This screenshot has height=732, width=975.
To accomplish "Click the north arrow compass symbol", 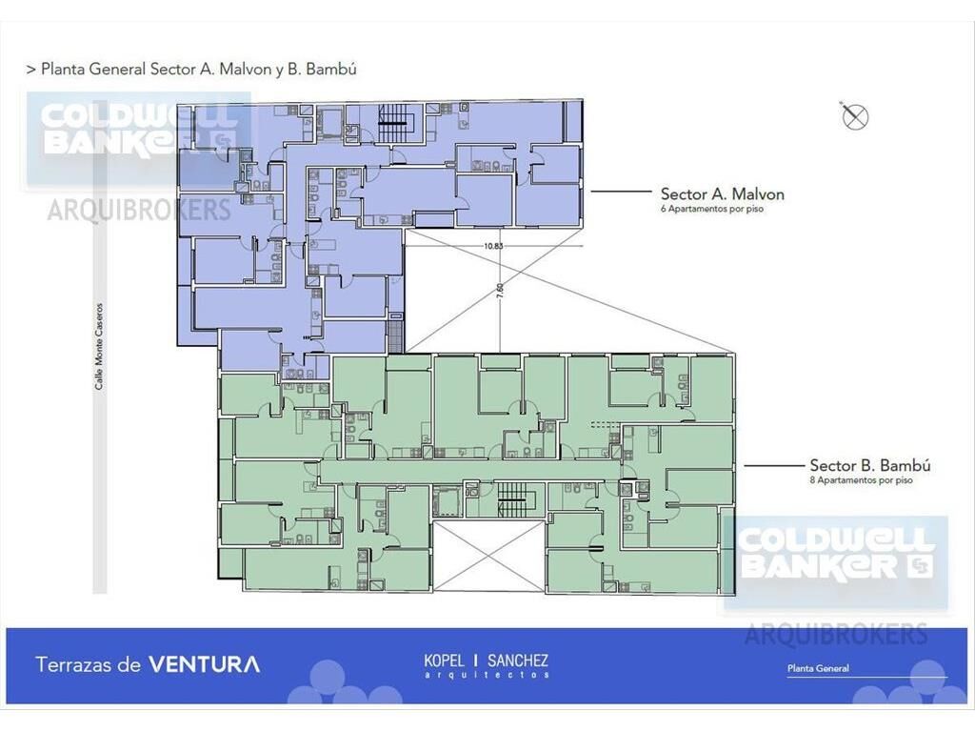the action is pos(854,116).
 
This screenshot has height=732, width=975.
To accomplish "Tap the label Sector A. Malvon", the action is pos(722,193).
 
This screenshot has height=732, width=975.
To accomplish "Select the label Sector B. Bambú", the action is pos(870,465).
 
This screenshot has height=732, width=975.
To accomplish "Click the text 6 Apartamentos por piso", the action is pos(712,209).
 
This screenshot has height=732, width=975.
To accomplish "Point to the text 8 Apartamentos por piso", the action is pos(861,480).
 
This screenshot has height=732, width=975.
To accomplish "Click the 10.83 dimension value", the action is pos(493,246).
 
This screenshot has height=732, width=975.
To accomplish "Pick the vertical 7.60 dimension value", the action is pos(500,292).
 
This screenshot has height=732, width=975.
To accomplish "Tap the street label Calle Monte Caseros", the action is pos(99,347).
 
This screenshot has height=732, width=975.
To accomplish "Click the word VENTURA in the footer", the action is pos(205,664).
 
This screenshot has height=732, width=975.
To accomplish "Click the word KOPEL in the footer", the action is pos(444,660).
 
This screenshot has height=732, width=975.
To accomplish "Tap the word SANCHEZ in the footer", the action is pos(517,660).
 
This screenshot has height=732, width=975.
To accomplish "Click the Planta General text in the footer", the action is pos(818,668).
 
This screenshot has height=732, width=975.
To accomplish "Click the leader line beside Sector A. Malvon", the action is pos(621,192).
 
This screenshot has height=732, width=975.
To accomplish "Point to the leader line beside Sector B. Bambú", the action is pos(774,465).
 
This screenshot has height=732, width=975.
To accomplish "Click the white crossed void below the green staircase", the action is pos(488,556).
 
